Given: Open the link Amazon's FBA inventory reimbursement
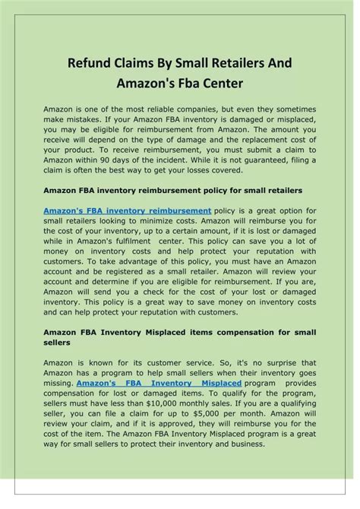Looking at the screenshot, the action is (127, 208).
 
